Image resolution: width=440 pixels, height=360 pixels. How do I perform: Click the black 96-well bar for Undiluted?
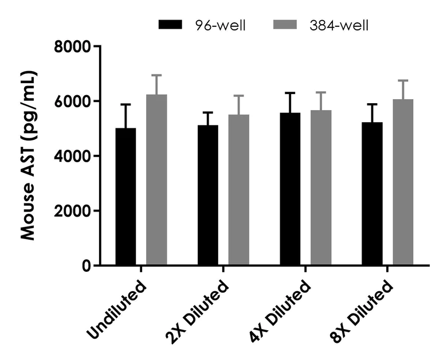tap(125, 197)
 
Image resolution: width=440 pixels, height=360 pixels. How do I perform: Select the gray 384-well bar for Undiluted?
tap(156, 180)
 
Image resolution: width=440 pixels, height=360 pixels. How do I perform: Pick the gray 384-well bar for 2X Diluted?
tap(239, 190)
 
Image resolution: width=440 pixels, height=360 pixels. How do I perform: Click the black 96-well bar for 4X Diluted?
tap(290, 189)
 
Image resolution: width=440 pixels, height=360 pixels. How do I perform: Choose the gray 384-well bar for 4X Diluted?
tap(321, 187)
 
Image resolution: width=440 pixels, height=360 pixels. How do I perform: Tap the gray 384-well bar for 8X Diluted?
tap(403, 182)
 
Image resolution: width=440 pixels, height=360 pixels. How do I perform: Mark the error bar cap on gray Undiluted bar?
tap(156, 75)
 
